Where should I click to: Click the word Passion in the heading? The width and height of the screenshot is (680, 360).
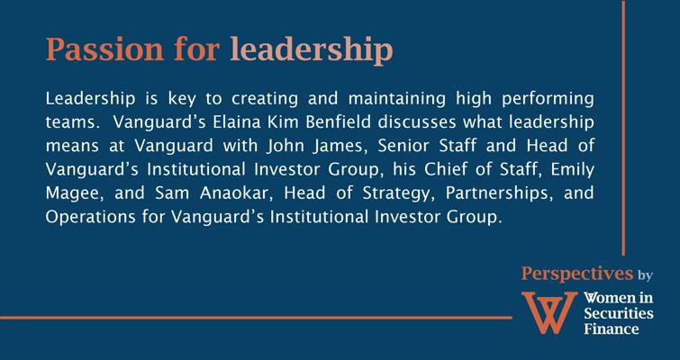pyautogui.click(x=105, y=49)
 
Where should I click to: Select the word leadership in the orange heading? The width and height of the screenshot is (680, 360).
pyautogui.click(x=312, y=50)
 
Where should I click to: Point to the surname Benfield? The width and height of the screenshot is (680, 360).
pyautogui.click(x=339, y=122)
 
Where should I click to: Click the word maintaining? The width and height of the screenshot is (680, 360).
pyautogui.click(x=397, y=99)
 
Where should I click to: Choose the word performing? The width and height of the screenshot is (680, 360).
pyautogui.click(x=548, y=99)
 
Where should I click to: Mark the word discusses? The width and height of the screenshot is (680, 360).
pyautogui.click(x=417, y=122)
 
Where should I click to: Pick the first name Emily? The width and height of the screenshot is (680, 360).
pyautogui.click(x=573, y=170)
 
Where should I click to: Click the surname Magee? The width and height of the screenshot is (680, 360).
pyautogui.click(x=75, y=194)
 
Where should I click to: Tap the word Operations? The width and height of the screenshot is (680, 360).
pyautogui.click(x=90, y=217)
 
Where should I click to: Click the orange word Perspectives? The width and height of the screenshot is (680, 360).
pyautogui.click(x=577, y=274)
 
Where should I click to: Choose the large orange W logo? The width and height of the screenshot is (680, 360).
pyautogui.click(x=549, y=312)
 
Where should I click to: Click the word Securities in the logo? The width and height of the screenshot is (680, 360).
pyautogui.click(x=619, y=313)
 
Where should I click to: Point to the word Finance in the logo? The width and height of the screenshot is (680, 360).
pyautogui.click(x=611, y=328)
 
